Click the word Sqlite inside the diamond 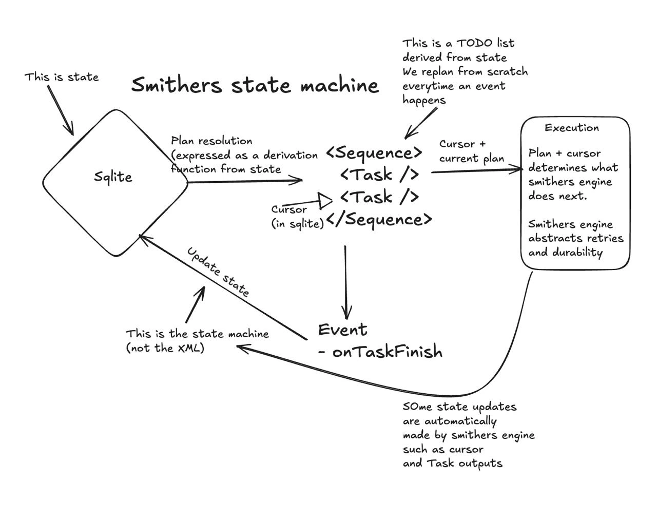(x=113, y=177)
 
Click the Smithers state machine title (x=255, y=85)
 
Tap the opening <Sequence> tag (x=374, y=152)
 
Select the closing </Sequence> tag (x=379, y=219)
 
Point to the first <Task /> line (x=379, y=175)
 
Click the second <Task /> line (x=379, y=197)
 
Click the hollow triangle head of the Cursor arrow (x=325, y=201)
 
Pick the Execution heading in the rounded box (x=572, y=128)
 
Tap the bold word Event (x=342, y=330)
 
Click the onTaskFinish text (x=387, y=352)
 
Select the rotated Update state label (x=218, y=272)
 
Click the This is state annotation (x=62, y=77)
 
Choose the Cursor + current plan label (x=471, y=151)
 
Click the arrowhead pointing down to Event (x=346, y=313)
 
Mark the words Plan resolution (x=211, y=141)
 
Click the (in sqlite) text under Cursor (x=298, y=224)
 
